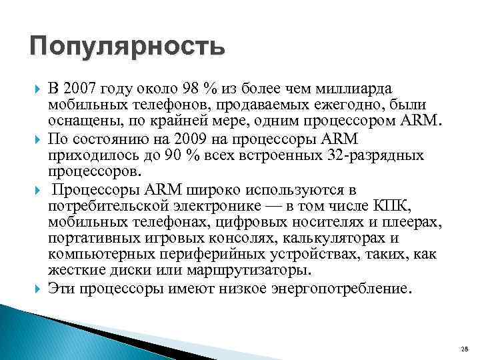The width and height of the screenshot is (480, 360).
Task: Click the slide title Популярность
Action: coord(127,48)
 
